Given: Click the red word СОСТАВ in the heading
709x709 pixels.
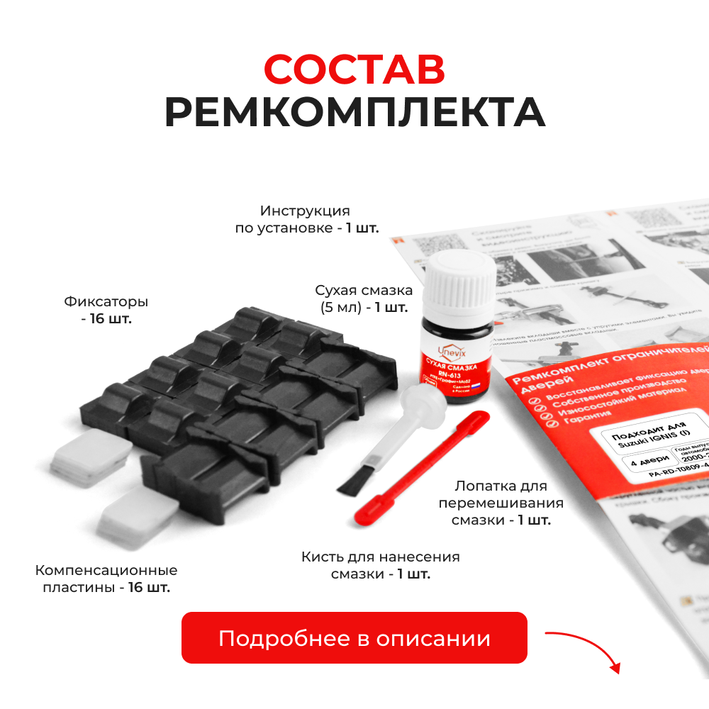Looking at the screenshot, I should pos(354,69).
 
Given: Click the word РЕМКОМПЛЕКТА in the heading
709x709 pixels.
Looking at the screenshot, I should pos(354,111).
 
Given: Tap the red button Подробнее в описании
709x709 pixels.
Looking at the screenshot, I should pos(354,638).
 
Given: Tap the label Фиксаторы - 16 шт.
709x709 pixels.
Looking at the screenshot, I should pos(106,310).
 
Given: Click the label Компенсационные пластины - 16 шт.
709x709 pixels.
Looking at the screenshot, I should pos(106,579).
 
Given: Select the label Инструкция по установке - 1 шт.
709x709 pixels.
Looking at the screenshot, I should pos(306,219).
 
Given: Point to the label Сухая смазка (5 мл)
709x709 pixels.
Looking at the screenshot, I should pos(363,298).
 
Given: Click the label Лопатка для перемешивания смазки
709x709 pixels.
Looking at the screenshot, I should pos(501,503).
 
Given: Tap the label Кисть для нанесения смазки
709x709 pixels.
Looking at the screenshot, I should pos(380,565).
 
